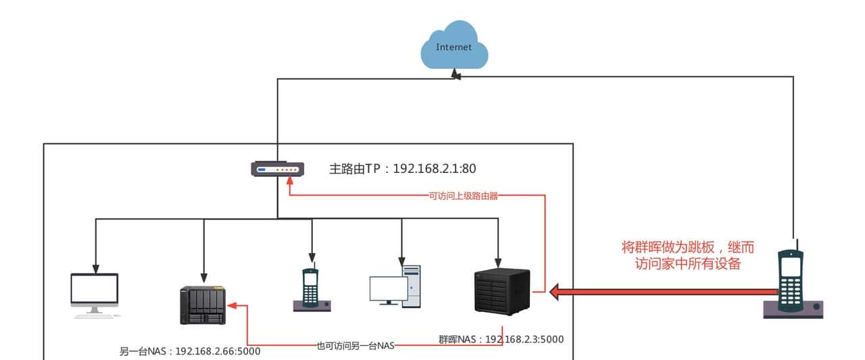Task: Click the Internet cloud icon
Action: [x=453, y=45]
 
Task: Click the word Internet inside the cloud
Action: [x=453, y=47]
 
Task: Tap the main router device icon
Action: [x=277, y=169]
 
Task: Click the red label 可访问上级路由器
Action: [x=464, y=195]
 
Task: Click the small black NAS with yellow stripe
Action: [x=203, y=305]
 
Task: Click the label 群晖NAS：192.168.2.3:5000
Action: [x=501, y=339]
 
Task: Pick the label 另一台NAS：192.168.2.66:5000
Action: [x=190, y=351]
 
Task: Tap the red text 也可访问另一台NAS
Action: [x=355, y=346]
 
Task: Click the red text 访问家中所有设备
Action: [x=687, y=263]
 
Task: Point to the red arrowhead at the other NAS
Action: [x=232, y=305]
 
